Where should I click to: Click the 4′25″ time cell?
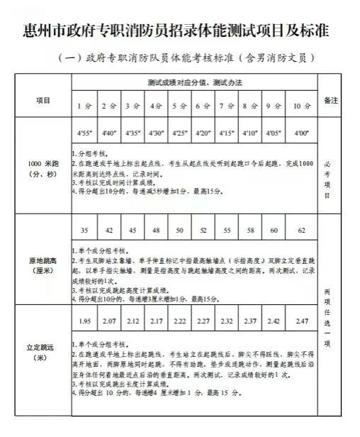tap(179, 132)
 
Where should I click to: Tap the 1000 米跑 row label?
tap(43, 175)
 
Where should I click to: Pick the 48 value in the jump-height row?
tap(155, 231)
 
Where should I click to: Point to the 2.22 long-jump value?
tap(179, 322)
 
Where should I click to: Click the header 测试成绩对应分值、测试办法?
tap(195, 83)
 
